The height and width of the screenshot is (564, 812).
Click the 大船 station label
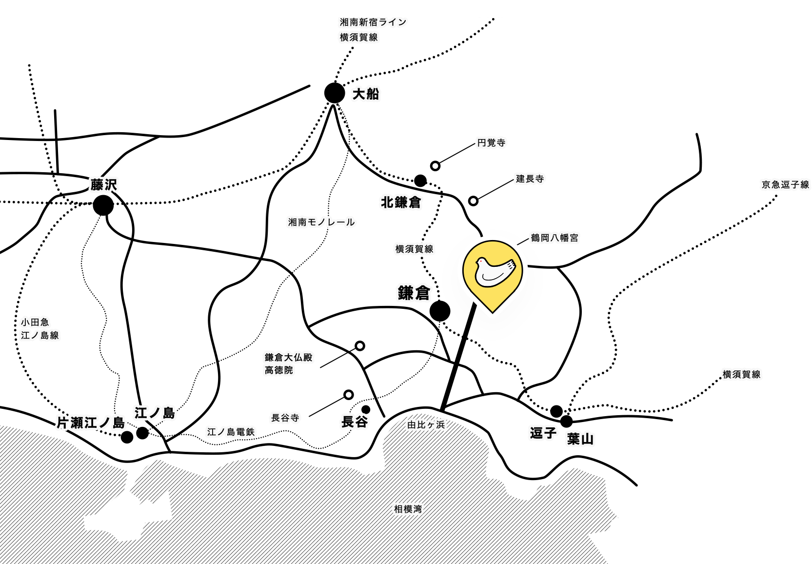click(x=366, y=94)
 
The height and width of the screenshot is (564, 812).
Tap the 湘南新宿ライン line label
click(x=373, y=22)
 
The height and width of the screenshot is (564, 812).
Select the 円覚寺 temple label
click(x=491, y=142)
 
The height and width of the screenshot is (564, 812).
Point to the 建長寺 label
click(x=530, y=179)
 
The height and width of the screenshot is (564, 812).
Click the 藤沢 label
click(x=104, y=184)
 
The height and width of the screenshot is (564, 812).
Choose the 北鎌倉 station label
click(x=401, y=202)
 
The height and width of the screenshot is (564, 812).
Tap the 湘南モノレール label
click(x=321, y=222)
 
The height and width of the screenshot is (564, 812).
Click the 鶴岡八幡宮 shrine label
click(x=555, y=238)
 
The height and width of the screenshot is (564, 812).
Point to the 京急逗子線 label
click(x=785, y=184)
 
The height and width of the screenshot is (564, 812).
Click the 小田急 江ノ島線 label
click(x=39, y=328)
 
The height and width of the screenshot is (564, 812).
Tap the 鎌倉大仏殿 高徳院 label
click(x=288, y=363)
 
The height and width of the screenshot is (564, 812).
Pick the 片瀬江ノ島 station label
click(x=91, y=423)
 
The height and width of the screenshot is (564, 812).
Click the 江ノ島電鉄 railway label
click(x=231, y=432)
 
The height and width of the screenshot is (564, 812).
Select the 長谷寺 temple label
click(x=285, y=418)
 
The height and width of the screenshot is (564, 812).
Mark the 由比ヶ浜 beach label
click(x=426, y=424)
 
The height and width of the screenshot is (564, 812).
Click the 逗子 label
click(x=543, y=433)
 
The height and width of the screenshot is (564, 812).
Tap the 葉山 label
click(x=580, y=439)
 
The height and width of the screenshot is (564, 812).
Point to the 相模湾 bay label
click(x=408, y=509)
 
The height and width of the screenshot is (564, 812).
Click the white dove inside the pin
click(x=494, y=271)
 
